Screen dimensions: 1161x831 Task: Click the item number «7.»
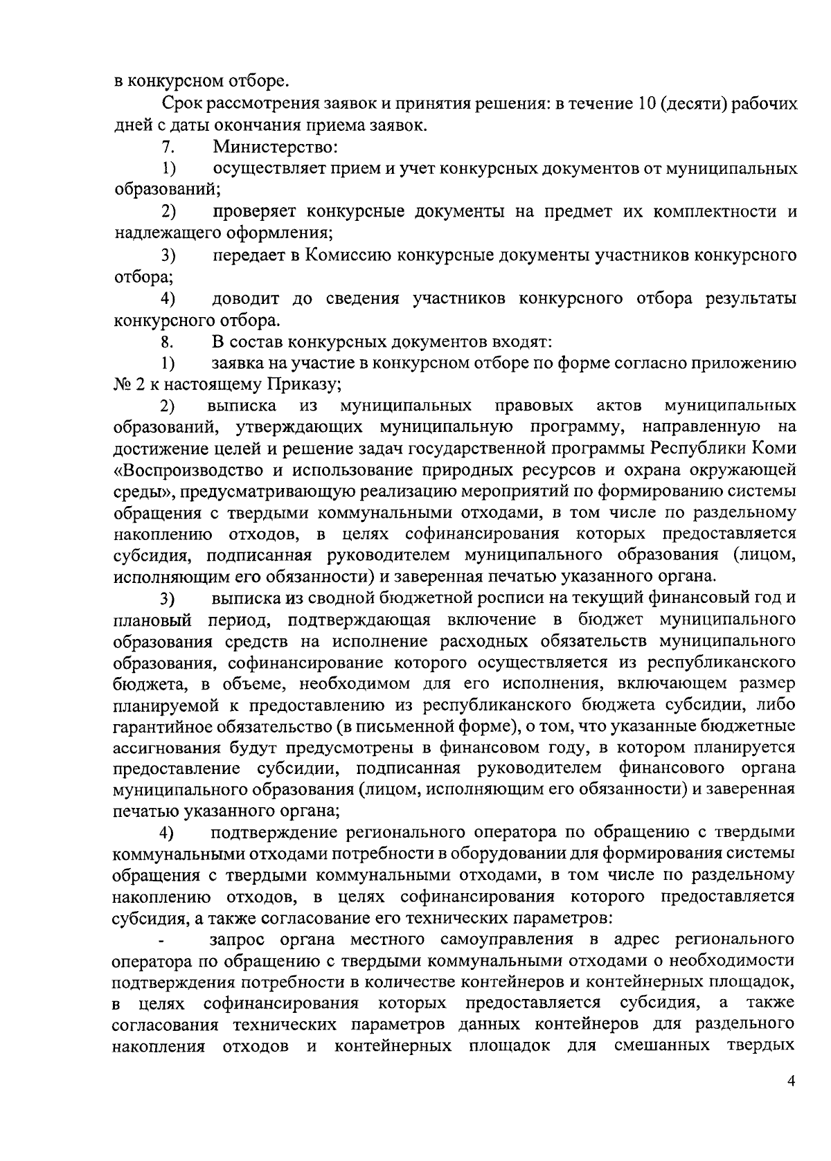(166, 147)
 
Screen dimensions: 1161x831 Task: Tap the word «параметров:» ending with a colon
(561, 919)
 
